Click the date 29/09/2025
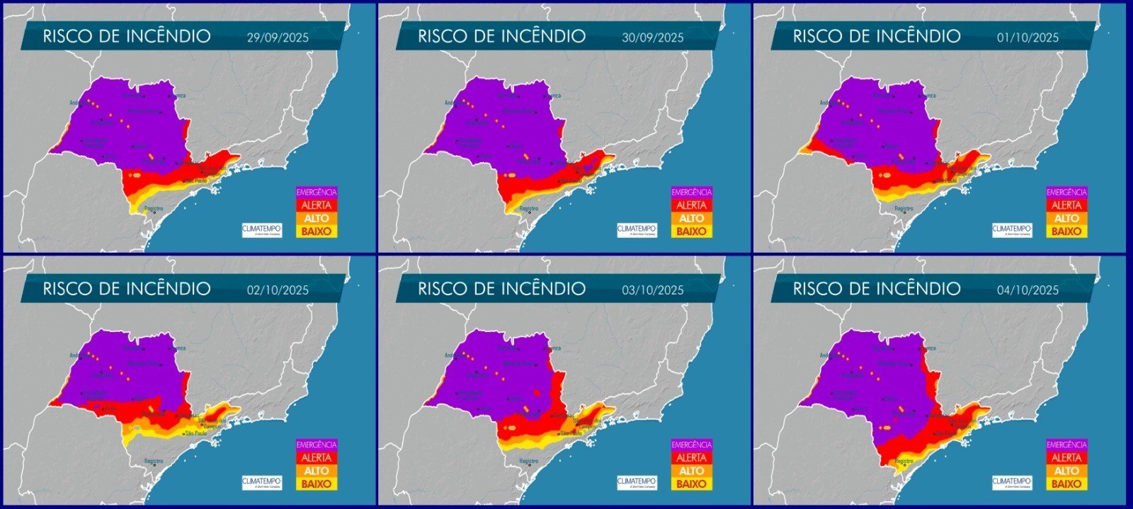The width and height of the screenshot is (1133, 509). pos(278,38)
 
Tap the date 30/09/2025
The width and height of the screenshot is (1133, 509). pos(653,38)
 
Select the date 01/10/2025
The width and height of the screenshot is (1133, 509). pos(1027,38)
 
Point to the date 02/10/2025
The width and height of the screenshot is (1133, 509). pos(278,290)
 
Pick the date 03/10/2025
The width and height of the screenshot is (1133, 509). pos(653,290)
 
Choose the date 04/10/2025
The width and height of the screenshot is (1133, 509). pos(1027,290)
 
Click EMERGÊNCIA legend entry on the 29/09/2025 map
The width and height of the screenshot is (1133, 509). pos(317,192)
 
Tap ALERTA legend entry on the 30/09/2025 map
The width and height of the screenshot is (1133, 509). pos(691,205)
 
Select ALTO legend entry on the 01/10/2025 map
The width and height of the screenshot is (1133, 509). pos(1066,219)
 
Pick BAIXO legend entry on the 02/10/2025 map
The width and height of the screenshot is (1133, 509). pos(317,484)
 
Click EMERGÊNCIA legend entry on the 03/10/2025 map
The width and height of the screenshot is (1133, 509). pos(691,445)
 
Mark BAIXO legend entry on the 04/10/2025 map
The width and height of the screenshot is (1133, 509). pos(1066,484)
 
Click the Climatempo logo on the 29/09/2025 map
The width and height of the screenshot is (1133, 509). pos(262,230)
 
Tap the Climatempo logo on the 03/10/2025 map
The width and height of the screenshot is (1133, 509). pos(637,482)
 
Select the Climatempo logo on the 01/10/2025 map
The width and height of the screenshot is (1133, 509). pos(1012,230)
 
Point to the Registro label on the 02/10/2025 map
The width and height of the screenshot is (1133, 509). pos(154,461)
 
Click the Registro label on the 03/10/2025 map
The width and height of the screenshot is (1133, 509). pos(529,461)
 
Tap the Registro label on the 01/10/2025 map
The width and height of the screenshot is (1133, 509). pos(904,209)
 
